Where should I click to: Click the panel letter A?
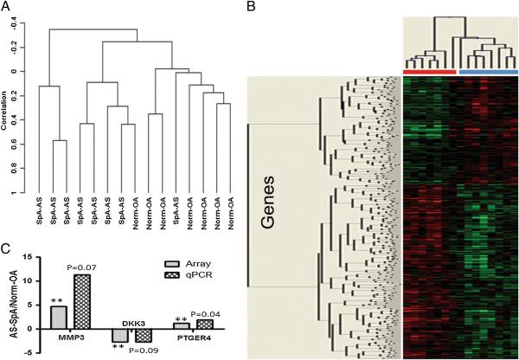coord(7,8)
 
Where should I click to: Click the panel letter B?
coord(251,8)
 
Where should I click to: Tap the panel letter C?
coord(7,248)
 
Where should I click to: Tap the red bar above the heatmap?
coord(428,71)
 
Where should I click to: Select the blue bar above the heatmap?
coord(488,71)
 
